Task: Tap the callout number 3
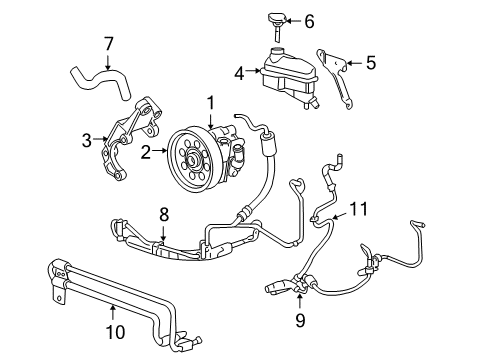pyautogui.click(x=87, y=139)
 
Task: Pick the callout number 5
pyautogui.click(x=370, y=63)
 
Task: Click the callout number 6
pyautogui.click(x=308, y=20)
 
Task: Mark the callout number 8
pyautogui.click(x=164, y=212)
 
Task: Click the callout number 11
pyautogui.click(x=358, y=209)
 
